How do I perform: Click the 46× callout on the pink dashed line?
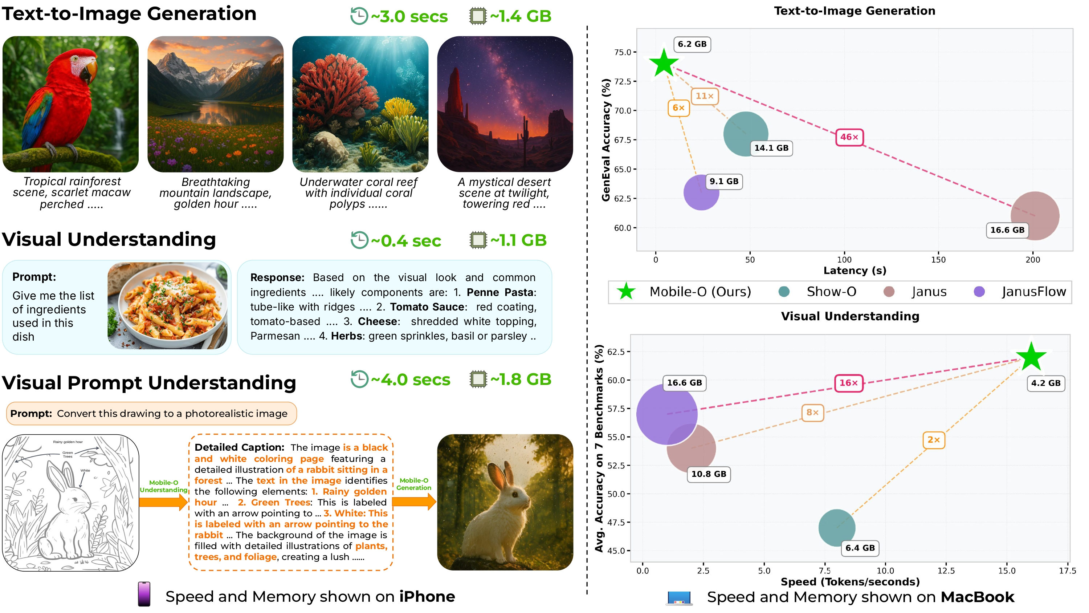pos(849,137)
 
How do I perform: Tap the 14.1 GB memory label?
pos(771,148)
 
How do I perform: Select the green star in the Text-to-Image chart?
pos(663,63)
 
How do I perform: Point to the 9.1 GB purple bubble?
pos(701,192)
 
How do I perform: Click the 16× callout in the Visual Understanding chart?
pos(848,383)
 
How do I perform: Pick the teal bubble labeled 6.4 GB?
pos(837,528)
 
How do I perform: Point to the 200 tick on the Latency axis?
pos(1032,260)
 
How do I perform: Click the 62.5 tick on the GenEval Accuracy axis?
pos(622,198)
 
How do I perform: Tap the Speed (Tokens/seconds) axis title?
pos(850,582)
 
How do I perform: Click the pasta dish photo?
pos(168,305)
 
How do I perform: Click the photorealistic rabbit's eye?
pos(514,494)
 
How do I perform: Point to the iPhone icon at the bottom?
pos(144,594)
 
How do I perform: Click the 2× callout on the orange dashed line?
pos(933,440)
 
